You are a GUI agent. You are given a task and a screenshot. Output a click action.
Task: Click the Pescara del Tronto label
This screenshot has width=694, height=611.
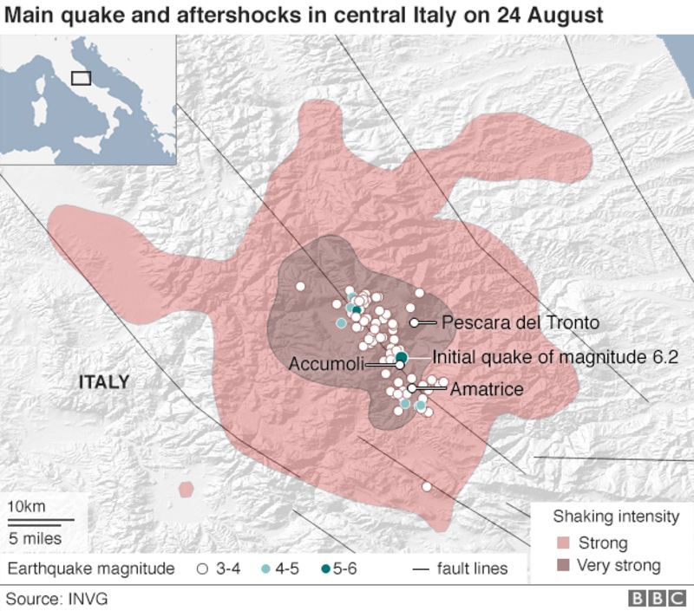[x=520, y=322]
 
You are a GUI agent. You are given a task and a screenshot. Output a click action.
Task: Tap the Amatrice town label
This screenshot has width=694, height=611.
[x=487, y=389]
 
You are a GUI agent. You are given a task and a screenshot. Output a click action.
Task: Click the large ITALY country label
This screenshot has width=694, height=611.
[x=104, y=381]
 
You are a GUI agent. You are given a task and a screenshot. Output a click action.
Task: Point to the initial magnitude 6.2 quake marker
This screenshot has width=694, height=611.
[x=402, y=356]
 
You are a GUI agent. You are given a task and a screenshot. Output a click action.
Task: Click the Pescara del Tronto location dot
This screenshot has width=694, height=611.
[x=415, y=322]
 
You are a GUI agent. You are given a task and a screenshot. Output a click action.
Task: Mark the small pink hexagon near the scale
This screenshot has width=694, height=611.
[x=185, y=490]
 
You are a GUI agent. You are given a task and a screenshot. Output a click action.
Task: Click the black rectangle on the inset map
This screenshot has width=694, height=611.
[x=81, y=78]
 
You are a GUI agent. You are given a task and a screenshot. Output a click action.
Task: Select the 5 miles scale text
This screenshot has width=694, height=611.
[x=36, y=537]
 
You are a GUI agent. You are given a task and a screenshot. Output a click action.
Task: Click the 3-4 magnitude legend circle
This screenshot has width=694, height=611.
[x=202, y=569]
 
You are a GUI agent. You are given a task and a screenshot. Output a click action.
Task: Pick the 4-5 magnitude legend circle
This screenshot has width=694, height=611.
[x=266, y=569]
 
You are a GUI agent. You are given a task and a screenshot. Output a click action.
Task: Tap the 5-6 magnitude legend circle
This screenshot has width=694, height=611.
[x=325, y=569]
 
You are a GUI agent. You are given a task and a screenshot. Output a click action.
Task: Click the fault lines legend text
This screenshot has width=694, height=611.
[x=472, y=569]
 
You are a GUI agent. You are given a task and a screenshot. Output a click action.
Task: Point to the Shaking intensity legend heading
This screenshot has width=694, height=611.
[x=616, y=517]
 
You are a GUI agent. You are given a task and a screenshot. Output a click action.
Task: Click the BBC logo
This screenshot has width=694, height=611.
[x=658, y=598]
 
